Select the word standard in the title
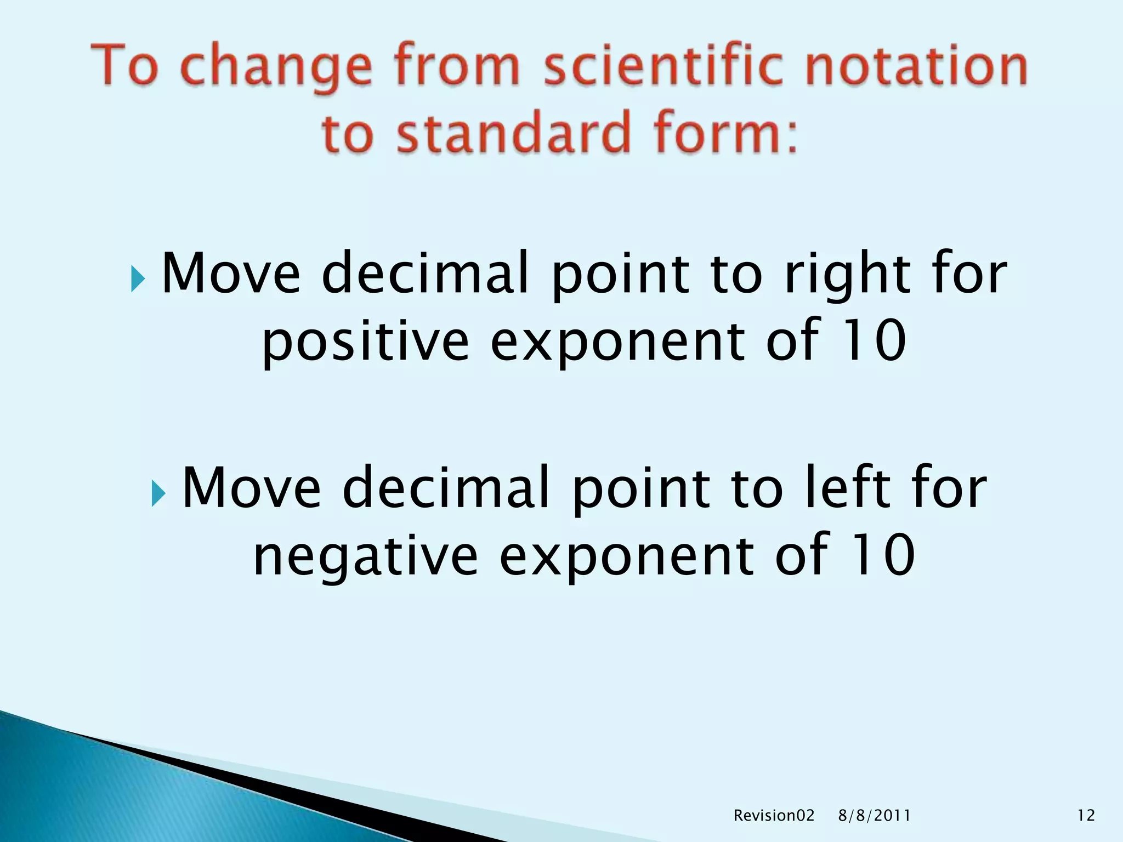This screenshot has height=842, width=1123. click(513, 134)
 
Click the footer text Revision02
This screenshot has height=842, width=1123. click(774, 816)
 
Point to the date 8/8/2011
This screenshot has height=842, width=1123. click(875, 816)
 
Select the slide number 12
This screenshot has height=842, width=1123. click(1086, 816)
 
